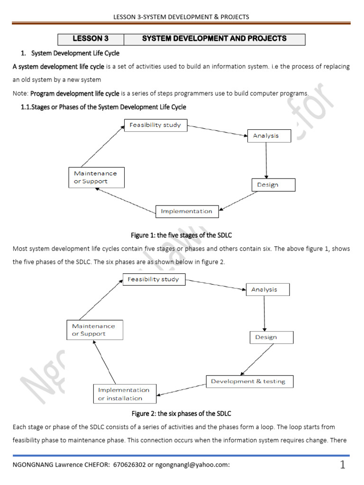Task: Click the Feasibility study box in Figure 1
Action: point(156,125)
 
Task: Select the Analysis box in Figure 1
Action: point(265,136)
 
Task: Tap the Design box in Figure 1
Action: point(273,185)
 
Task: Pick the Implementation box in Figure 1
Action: point(187,211)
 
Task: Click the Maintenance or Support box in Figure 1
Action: point(96,177)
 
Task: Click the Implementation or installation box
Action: point(124,394)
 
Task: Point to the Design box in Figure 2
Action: point(271,337)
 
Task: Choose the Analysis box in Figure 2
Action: point(267,289)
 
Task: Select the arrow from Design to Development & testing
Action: point(256,360)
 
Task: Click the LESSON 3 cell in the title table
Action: point(90,39)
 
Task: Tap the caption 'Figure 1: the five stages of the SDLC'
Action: point(182,235)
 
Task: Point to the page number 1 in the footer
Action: point(342,465)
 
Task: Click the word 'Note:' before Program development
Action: point(20,93)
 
